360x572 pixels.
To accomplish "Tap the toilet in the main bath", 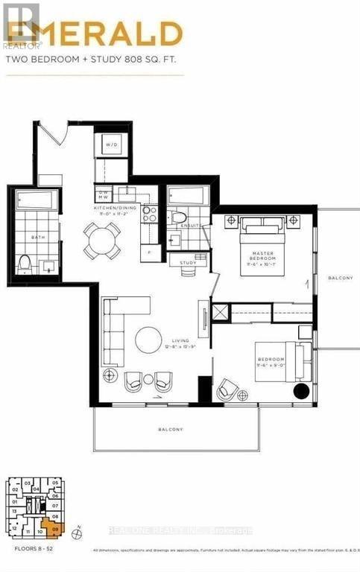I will [25, 262].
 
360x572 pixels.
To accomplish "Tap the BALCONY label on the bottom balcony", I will [171, 430].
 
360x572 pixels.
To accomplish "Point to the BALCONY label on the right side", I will [341, 278].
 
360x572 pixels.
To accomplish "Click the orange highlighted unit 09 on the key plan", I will [55, 527].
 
